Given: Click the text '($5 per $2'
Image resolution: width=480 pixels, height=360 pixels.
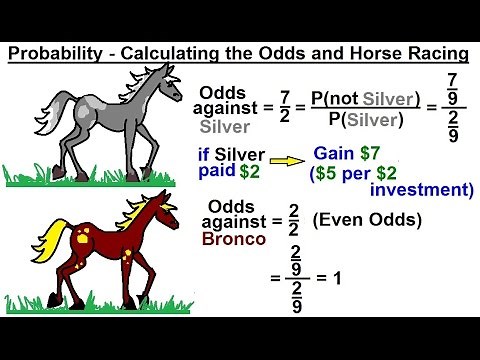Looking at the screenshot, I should click(354, 173).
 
